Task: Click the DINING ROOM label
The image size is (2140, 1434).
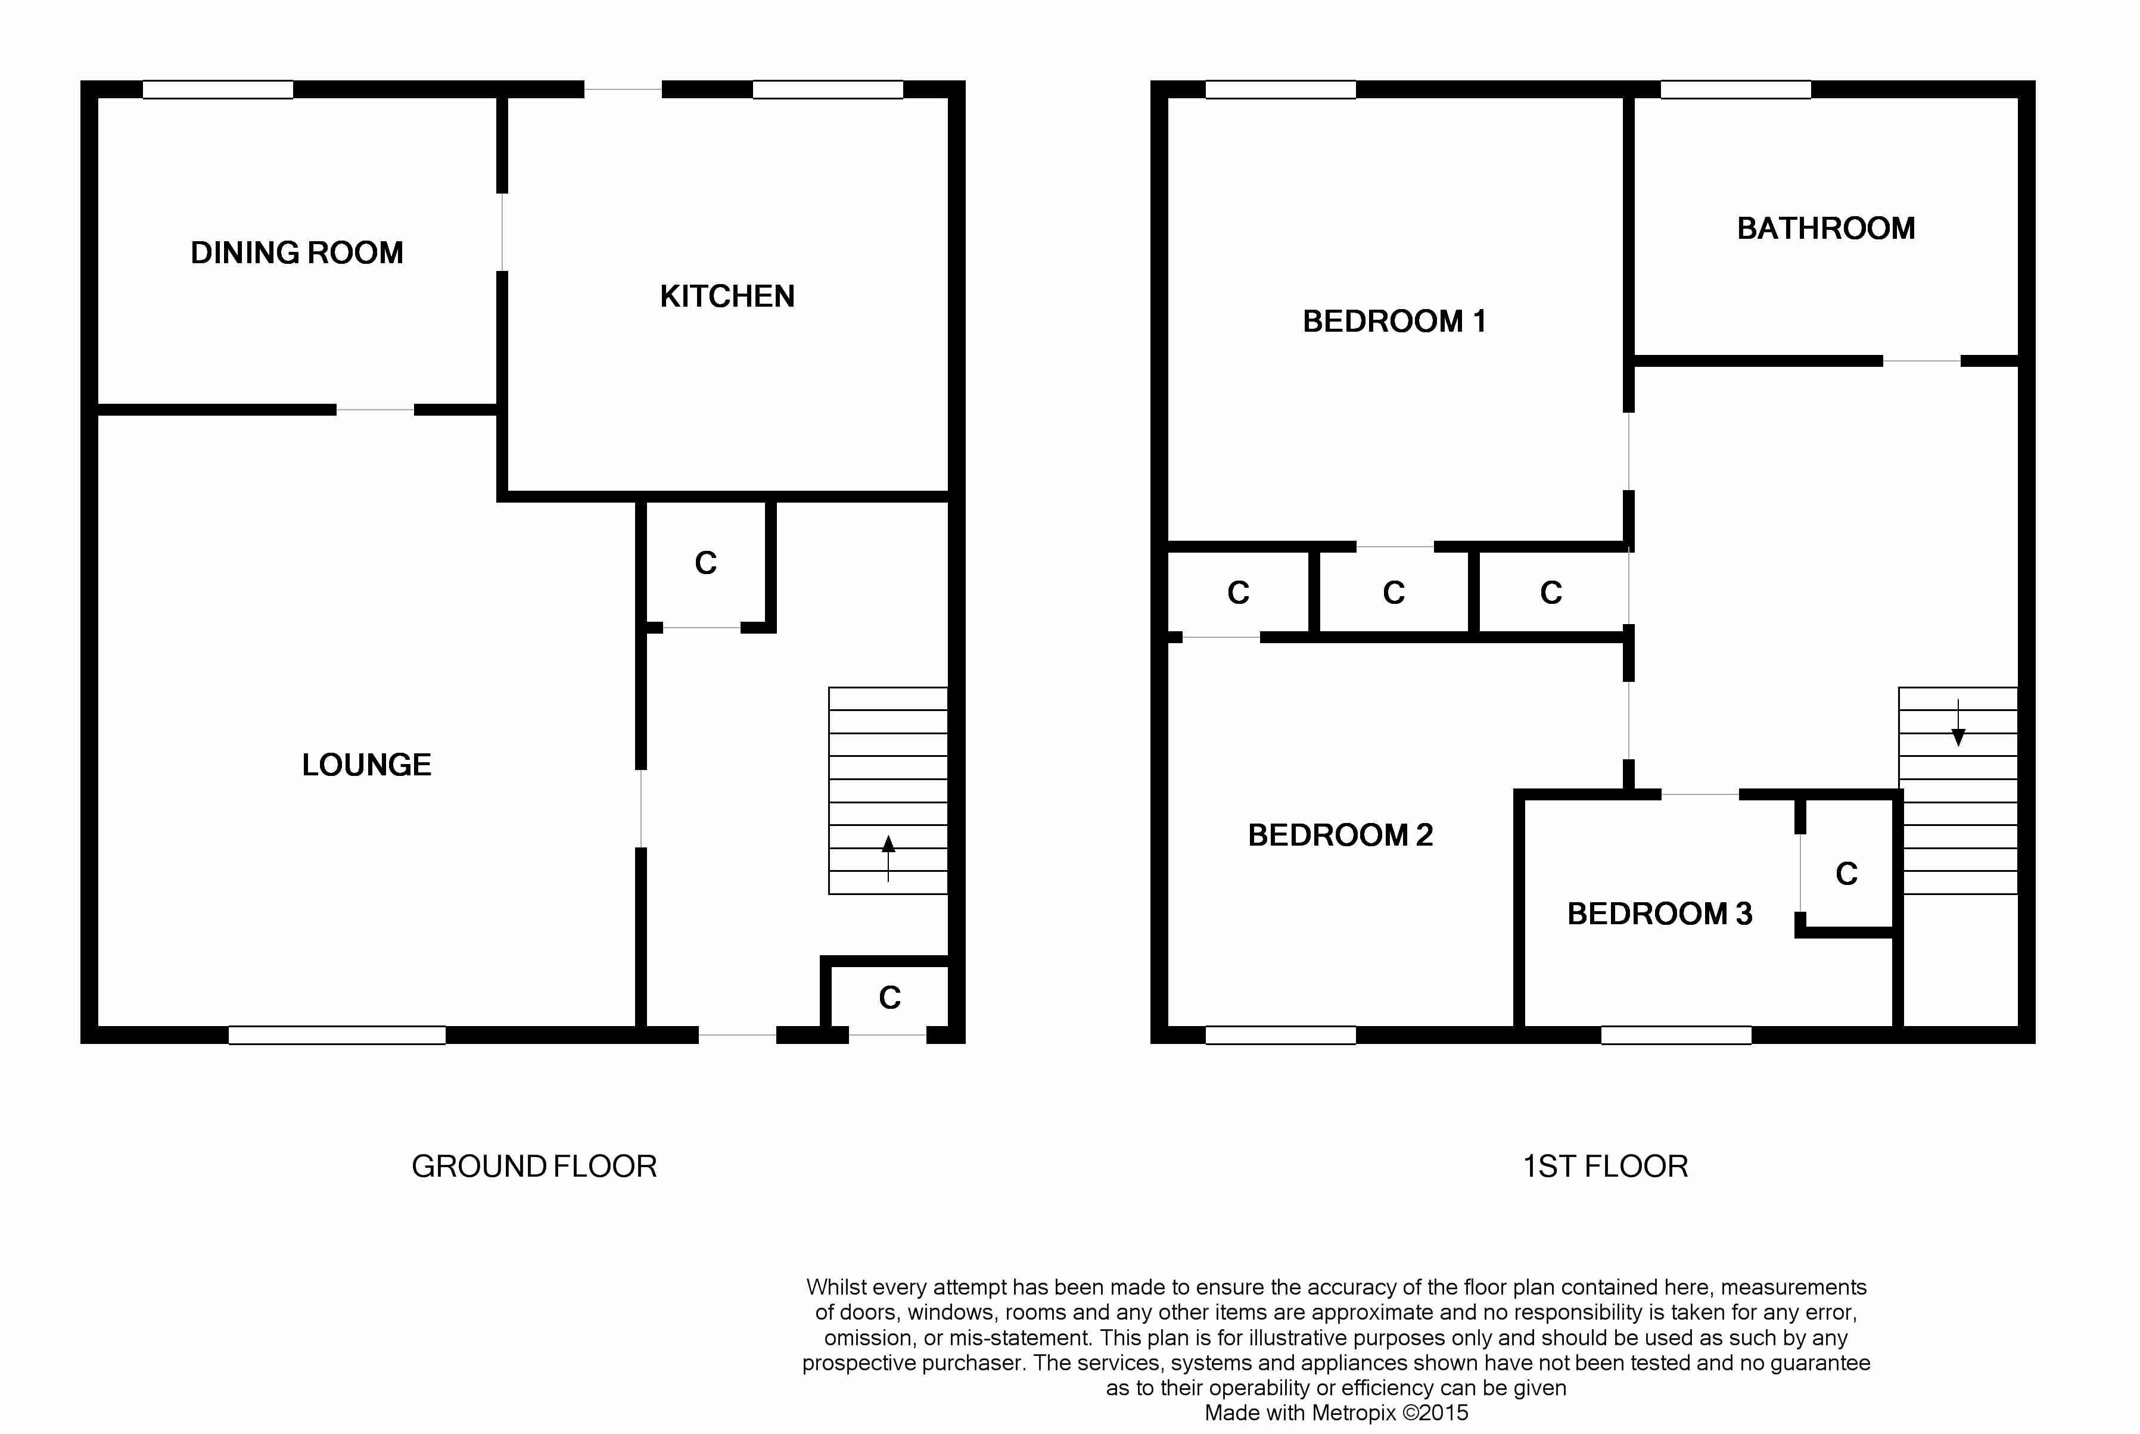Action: pos(297,252)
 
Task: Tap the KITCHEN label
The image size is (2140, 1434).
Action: pos(727,297)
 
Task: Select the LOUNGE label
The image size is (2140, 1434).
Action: pos(367,765)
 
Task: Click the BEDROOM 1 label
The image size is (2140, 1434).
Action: pos(1394,321)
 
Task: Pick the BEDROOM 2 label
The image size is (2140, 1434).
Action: pos(1340,835)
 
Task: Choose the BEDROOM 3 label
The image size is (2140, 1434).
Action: pos(1660,914)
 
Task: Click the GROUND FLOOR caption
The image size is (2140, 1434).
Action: pos(534,1166)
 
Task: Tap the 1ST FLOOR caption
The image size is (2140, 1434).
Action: pos(1606,1166)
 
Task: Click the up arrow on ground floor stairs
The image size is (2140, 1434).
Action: pos(888,858)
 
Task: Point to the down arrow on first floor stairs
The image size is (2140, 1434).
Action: pos(1958,722)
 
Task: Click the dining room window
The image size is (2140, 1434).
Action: pos(217,89)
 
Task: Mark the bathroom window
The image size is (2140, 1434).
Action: pos(1735,89)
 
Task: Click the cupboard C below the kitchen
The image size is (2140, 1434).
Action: pos(705,562)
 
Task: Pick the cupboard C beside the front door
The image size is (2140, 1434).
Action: pos(890,997)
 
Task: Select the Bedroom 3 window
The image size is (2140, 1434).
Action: pos(1676,1035)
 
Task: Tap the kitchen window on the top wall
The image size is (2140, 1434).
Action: pos(828,89)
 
